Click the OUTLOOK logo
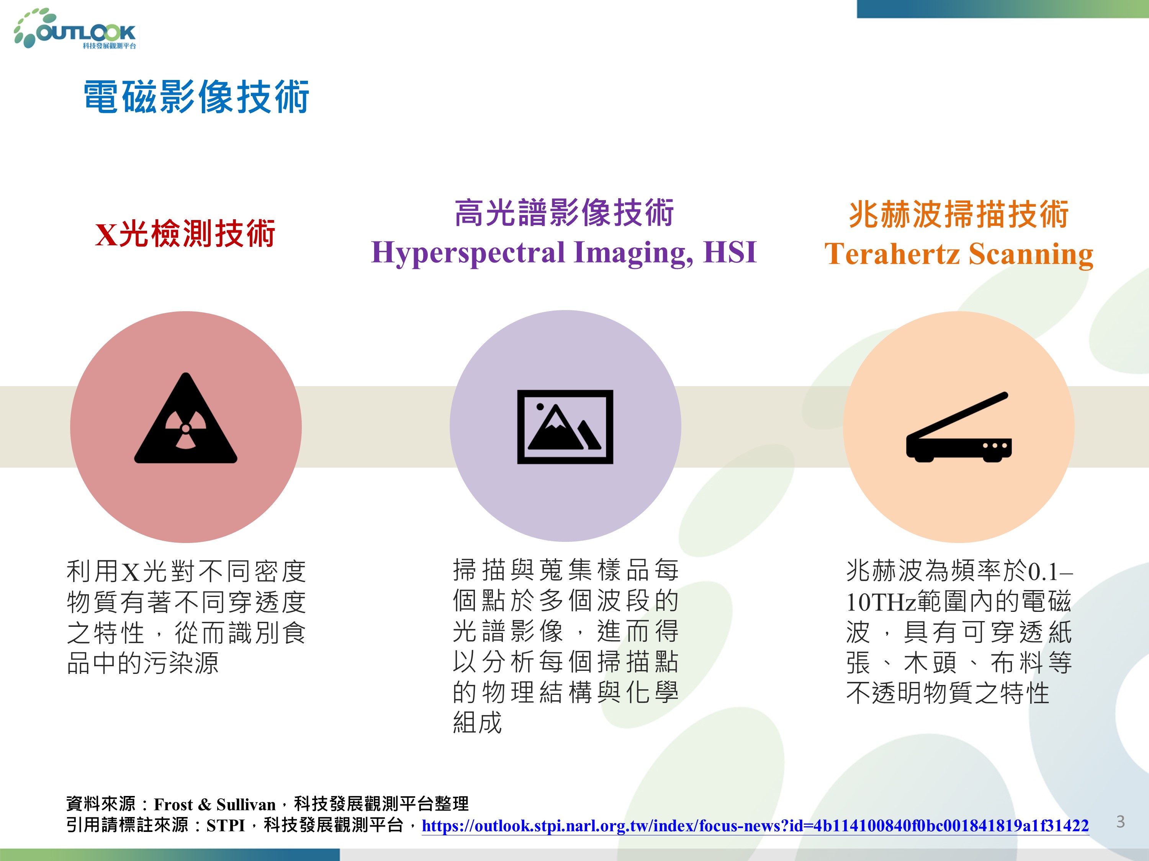[76, 29]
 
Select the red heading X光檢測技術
[185, 233]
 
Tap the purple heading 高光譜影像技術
[564, 213]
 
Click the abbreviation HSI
[730, 252]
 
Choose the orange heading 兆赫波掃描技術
[958, 214]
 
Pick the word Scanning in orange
[1031, 255]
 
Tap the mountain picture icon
[565, 427]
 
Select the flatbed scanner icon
[959, 427]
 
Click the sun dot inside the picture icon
[540, 407]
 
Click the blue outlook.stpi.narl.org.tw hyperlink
[755, 825]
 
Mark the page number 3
[1120, 822]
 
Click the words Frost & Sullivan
[214, 804]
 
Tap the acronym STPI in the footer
[226, 825]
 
